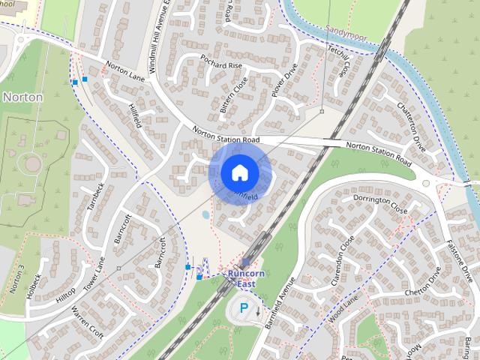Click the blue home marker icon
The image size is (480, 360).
[x=238, y=172]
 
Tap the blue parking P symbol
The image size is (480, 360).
[x=243, y=307]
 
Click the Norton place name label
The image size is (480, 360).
[x=22, y=97]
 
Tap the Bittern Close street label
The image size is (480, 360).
[x=233, y=95]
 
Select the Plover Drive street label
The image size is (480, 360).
[x=286, y=80]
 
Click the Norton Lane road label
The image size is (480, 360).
[x=125, y=73]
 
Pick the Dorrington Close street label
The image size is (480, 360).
[x=381, y=205]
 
